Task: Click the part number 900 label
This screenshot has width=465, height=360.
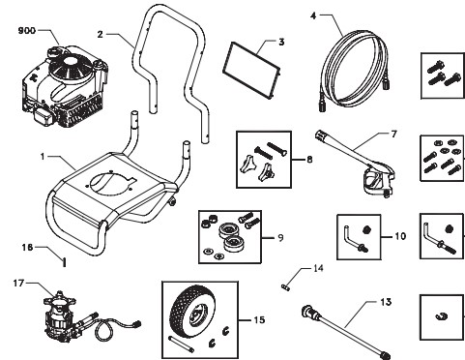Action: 26,31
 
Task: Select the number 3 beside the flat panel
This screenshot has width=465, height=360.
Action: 280,43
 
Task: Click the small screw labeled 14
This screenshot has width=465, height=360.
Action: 285,285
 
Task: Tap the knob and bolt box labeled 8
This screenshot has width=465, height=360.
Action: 262,157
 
